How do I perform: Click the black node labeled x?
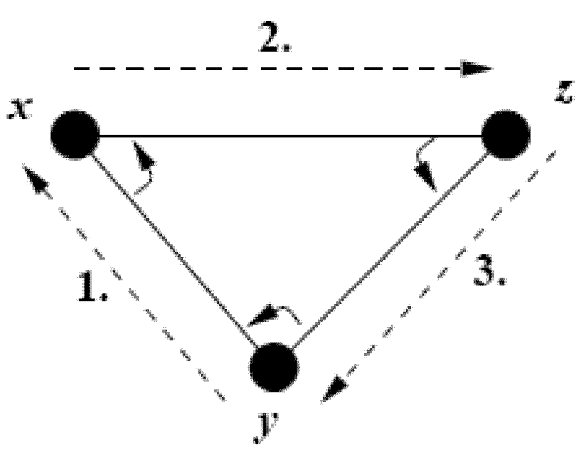(x=75, y=136)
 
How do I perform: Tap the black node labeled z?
(x=506, y=135)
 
